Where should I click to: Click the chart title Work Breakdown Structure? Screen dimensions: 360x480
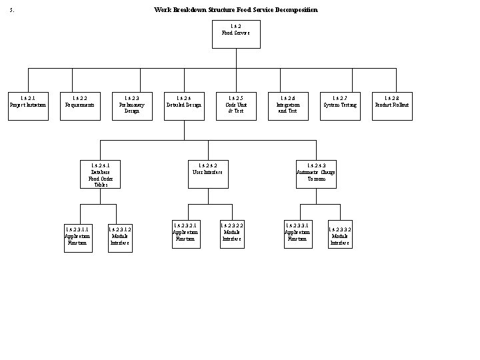pyautogui.click(x=236, y=9)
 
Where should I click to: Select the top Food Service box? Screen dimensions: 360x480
pyautogui.click(x=235, y=34)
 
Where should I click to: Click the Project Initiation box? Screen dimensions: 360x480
pyautogui.click(x=28, y=106)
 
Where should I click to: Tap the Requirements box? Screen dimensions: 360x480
pyautogui.click(x=79, y=106)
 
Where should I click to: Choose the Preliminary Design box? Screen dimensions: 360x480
pyautogui.click(x=131, y=106)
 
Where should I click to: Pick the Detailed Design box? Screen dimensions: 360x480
pyautogui.click(x=183, y=106)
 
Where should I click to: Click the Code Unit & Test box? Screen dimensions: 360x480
pyautogui.click(x=235, y=106)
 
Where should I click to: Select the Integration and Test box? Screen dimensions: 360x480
pyautogui.click(x=288, y=106)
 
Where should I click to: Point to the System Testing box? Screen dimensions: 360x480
pyautogui.click(x=340, y=106)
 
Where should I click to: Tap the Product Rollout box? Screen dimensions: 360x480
pyautogui.click(x=392, y=106)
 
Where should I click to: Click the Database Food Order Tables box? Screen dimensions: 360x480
pyautogui.click(x=101, y=174)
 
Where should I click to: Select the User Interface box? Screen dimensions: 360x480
pyautogui.click(x=207, y=174)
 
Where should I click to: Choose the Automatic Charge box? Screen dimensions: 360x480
pyautogui.click(x=316, y=174)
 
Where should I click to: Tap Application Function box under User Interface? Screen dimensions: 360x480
pyautogui.click(x=185, y=233)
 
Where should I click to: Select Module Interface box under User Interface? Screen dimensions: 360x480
pyautogui.click(x=232, y=233)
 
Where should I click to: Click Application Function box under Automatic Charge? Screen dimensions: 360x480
pyautogui.click(x=297, y=233)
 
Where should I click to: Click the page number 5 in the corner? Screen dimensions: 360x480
pyautogui.click(x=13, y=10)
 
